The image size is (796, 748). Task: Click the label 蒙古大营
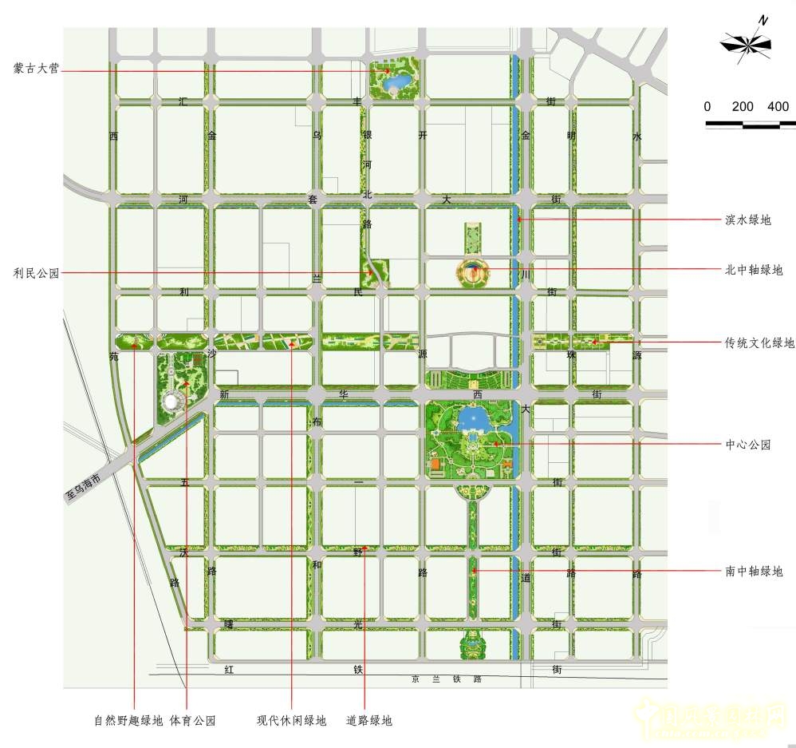pyautogui.click(x=37, y=68)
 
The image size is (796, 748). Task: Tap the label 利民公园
pyautogui.click(x=37, y=273)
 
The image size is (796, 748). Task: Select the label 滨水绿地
pyautogui.click(x=748, y=220)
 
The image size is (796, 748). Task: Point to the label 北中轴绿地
pyautogui.click(x=754, y=270)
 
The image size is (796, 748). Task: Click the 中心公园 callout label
pyautogui.click(x=748, y=445)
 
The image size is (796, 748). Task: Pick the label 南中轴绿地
pyautogui.click(x=754, y=572)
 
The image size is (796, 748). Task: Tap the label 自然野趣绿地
pyautogui.click(x=128, y=720)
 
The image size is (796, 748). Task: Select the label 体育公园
pyautogui.click(x=192, y=720)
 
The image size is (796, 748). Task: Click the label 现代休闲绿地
pyautogui.click(x=291, y=720)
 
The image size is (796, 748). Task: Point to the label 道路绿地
pyautogui.click(x=369, y=720)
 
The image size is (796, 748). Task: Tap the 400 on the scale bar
pyautogui.click(x=778, y=107)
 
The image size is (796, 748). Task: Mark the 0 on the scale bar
pyautogui.click(x=707, y=107)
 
